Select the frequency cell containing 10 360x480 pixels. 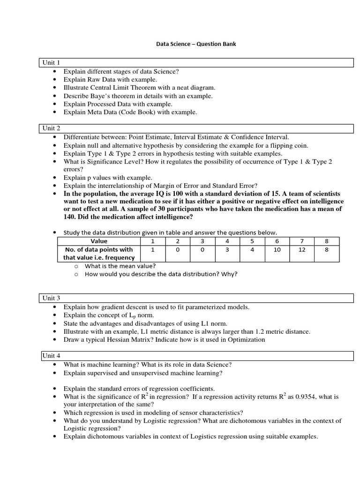(x=277, y=250)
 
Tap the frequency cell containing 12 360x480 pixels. (x=302, y=250)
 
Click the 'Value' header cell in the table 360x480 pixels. (x=98, y=241)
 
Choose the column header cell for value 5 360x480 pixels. (x=252, y=241)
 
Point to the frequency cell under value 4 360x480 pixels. (x=227, y=250)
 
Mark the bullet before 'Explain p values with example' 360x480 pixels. (x=55, y=178)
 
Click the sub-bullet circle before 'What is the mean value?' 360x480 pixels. (x=76, y=266)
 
